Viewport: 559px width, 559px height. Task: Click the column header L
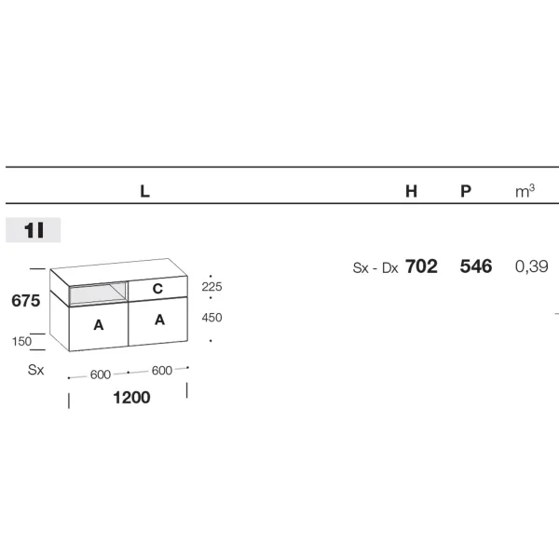[x=144, y=191]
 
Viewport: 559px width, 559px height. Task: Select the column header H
[x=411, y=191]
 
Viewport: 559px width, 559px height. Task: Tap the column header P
[x=466, y=191]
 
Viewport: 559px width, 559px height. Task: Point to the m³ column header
[x=525, y=191]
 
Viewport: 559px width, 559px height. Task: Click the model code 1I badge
[x=34, y=230]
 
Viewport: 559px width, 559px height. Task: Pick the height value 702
[x=421, y=266]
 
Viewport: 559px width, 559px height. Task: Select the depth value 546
[x=476, y=266]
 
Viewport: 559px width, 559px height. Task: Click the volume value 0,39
[x=532, y=266]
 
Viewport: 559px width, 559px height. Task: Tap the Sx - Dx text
[x=375, y=267]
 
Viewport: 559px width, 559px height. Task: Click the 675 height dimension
[x=26, y=301]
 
